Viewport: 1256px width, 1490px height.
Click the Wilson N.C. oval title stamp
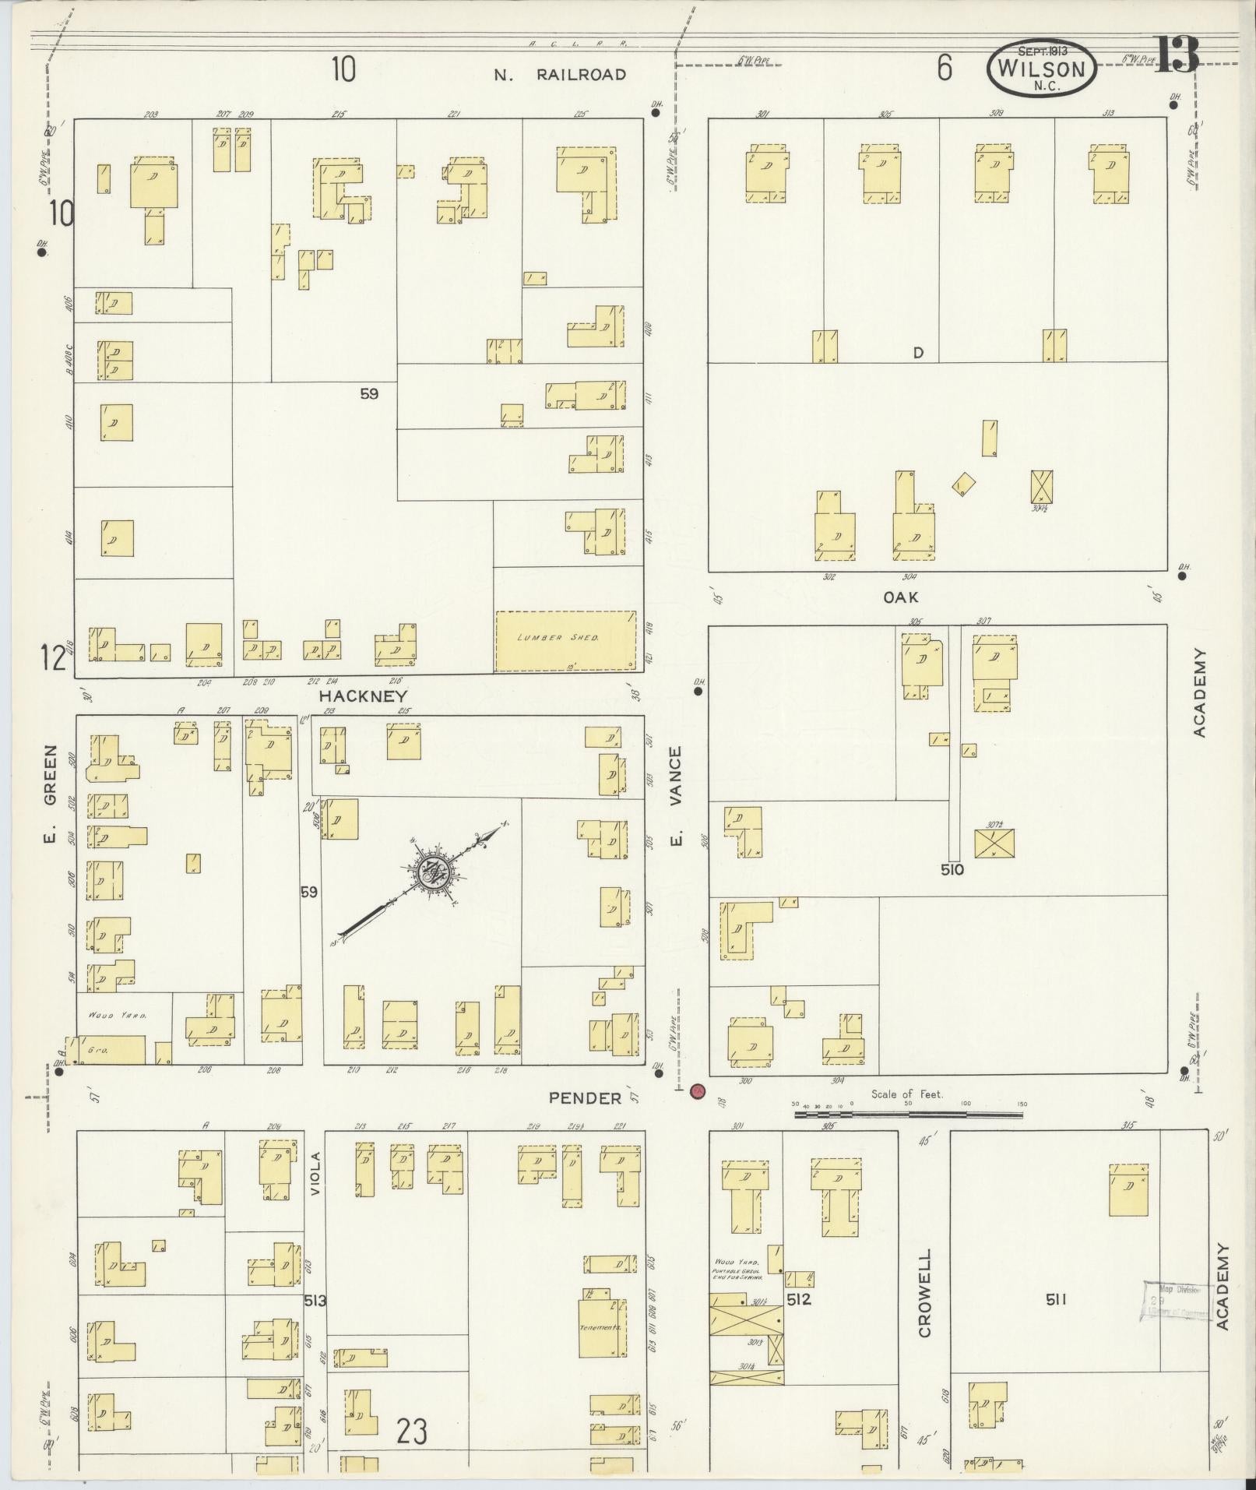click(x=1042, y=69)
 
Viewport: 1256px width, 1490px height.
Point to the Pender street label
click(x=585, y=1098)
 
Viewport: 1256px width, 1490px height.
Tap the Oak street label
click(x=901, y=597)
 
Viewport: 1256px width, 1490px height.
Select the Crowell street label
click(x=924, y=1294)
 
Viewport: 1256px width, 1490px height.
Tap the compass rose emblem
click(x=431, y=873)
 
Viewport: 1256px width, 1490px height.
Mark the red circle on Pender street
click(x=697, y=1091)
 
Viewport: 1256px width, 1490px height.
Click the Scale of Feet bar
click(x=908, y=1115)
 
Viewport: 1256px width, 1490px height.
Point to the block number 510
click(x=952, y=869)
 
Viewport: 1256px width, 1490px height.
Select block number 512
click(x=799, y=1298)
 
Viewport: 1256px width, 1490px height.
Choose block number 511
click(x=1055, y=1298)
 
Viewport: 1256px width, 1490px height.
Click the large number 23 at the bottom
click(x=411, y=1431)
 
